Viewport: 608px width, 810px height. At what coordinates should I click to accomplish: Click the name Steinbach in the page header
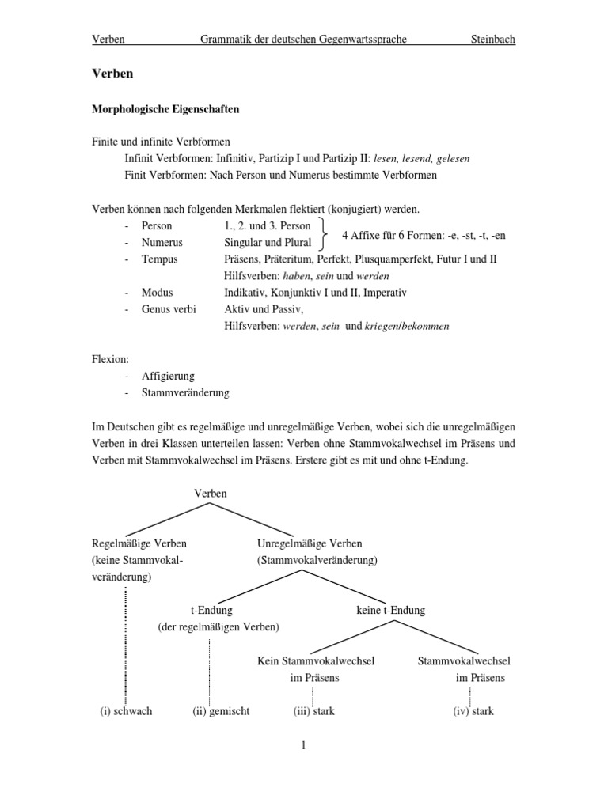point(492,39)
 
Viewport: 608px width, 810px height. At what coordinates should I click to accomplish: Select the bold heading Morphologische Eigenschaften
point(165,110)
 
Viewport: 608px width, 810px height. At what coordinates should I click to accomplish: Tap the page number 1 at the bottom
point(303,745)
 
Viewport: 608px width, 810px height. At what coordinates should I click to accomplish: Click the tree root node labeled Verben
point(210,493)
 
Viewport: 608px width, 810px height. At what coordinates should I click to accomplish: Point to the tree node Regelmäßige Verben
point(139,543)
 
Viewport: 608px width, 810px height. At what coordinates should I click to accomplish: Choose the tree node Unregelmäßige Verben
point(310,543)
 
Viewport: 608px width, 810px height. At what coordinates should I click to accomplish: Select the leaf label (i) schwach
point(126,710)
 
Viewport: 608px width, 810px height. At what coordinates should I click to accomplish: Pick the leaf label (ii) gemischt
point(221,710)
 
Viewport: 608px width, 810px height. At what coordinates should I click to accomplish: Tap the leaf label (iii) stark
point(314,710)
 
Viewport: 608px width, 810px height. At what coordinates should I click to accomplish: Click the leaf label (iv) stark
point(473,710)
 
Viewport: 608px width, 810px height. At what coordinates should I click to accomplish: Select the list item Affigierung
point(168,376)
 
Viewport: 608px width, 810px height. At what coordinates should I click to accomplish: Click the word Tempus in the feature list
point(159,259)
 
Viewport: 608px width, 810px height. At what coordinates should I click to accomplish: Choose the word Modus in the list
point(157,292)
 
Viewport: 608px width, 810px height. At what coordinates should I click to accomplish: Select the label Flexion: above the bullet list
point(110,359)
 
